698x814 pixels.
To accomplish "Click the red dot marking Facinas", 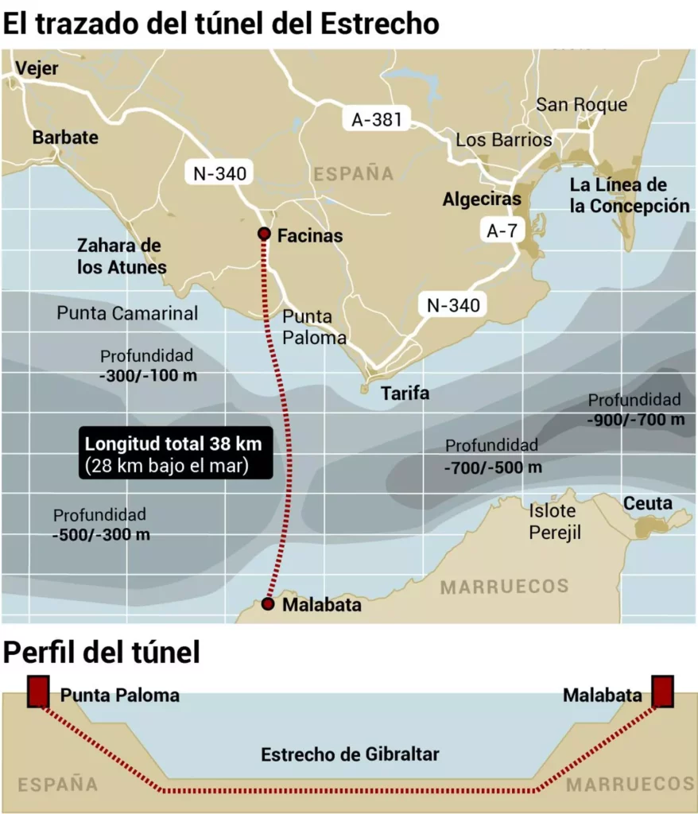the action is [x=264, y=234].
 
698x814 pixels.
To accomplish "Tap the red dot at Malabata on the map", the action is [x=268, y=605].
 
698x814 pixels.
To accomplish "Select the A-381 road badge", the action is [x=377, y=120].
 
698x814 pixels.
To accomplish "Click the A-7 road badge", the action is [x=502, y=231].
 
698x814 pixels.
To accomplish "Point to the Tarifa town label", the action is [x=405, y=393].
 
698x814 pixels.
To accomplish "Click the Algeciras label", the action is [x=482, y=200].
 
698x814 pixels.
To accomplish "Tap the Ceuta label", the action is [x=647, y=503].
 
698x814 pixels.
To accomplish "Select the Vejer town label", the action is [x=37, y=68].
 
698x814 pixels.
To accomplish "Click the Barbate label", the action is [x=65, y=138].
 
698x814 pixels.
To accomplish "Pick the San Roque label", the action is [x=581, y=105].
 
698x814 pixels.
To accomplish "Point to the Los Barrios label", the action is [x=503, y=140].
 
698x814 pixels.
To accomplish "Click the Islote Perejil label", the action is [x=556, y=521].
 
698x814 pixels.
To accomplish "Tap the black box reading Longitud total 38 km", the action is [x=175, y=454].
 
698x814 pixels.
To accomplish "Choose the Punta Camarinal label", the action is [x=127, y=313].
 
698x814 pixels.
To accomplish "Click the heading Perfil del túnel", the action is [x=102, y=653].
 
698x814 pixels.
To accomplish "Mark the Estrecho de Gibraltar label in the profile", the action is [x=350, y=754].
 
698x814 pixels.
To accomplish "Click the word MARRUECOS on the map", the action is [x=505, y=587].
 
